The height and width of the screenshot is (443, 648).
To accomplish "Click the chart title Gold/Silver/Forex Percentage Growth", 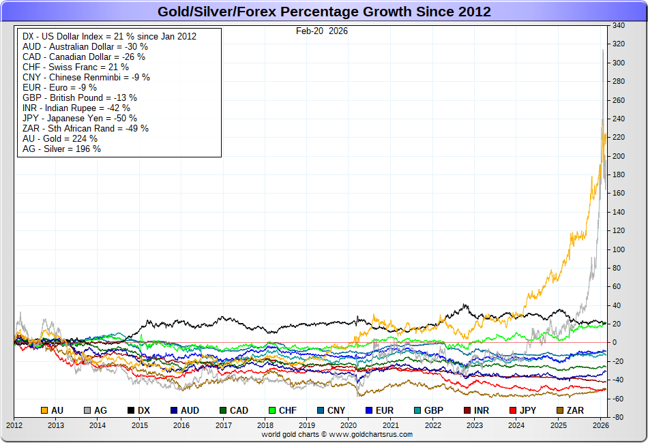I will tap(324, 12).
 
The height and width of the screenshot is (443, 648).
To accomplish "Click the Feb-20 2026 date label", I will tap(321, 31).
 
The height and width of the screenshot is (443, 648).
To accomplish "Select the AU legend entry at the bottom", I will tap(53, 410).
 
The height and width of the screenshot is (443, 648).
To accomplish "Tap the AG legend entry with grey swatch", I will tap(95, 410).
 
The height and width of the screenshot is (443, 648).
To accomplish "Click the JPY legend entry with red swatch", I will tap(522, 410).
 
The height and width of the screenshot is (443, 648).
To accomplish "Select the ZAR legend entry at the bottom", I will tap(569, 410).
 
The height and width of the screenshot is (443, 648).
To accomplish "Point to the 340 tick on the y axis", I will tap(619, 26).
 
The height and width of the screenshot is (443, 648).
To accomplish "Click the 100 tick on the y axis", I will tap(619, 249).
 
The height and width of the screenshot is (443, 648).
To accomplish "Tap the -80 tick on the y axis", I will tap(619, 417).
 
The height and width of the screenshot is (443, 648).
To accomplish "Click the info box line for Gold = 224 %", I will tap(60, 138).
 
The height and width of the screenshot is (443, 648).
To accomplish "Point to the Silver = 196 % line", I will tap(61, 149).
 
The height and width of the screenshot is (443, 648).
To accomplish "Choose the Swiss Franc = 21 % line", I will tap(76, 67).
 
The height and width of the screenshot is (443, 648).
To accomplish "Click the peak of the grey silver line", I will tap(603, 49).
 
